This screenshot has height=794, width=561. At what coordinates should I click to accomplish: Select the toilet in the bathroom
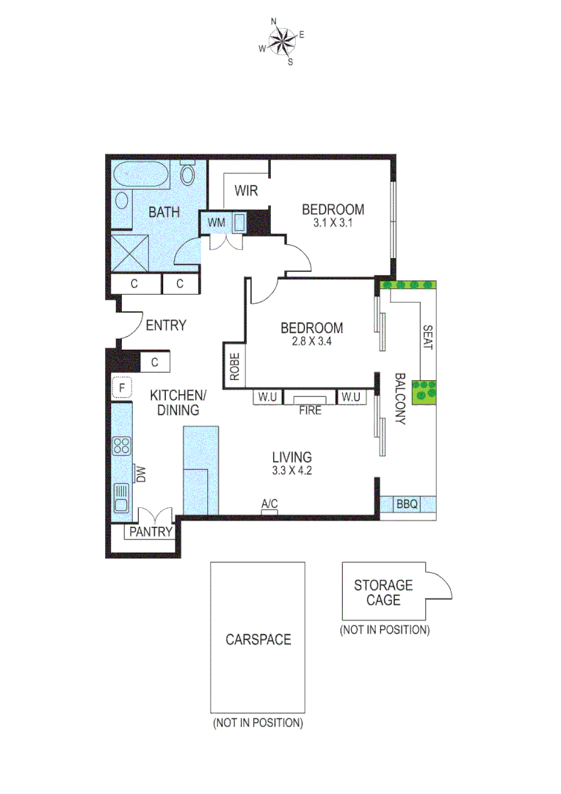187,174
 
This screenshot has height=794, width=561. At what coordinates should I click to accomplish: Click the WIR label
246,191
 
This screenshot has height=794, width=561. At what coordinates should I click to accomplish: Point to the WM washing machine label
216,222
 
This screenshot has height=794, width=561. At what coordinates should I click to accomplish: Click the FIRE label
310,411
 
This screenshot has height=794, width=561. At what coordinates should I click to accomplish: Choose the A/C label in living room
269,503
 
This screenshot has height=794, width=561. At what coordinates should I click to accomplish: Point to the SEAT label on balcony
427,337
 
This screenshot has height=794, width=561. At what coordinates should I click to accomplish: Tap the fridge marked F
121,387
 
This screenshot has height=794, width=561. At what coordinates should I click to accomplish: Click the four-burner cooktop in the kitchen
121,446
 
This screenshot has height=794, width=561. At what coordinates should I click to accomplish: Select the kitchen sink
121,498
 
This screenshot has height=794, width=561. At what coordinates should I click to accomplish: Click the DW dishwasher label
140,474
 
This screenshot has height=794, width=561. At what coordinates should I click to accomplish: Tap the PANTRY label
151,532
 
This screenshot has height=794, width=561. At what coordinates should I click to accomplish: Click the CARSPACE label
258,639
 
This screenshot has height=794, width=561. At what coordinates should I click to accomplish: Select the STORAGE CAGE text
383,593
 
